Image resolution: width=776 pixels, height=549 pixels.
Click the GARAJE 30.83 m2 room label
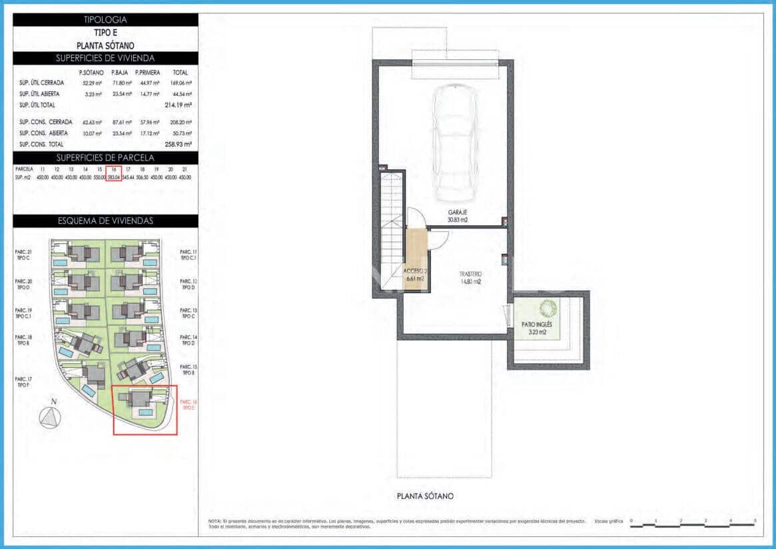(457, 215)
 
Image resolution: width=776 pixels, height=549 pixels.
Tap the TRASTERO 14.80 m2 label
(470, 278)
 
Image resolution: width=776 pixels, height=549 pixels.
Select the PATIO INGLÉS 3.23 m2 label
(536, 328)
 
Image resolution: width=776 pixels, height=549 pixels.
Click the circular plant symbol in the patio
(549, 308)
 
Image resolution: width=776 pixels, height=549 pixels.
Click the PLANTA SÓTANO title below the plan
(425, 496)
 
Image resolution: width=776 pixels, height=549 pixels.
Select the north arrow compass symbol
(49, 416)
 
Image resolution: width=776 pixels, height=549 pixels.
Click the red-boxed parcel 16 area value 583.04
(113, 178)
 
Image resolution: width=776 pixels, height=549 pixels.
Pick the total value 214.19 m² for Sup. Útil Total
(178, 105)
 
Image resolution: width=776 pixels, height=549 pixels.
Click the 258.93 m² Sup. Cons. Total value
(178, 144)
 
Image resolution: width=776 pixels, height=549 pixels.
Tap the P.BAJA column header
(120, 73)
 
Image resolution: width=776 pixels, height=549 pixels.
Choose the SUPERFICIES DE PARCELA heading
(105, 157)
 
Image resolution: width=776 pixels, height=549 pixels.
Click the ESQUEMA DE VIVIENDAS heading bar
(105, 221)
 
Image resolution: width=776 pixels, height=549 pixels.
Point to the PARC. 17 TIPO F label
(23, 382)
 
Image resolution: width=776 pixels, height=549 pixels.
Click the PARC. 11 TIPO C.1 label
(189, 254)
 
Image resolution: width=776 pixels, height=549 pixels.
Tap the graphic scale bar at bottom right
(693, 526)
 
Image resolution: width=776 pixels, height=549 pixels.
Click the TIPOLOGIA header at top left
(105, 20)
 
